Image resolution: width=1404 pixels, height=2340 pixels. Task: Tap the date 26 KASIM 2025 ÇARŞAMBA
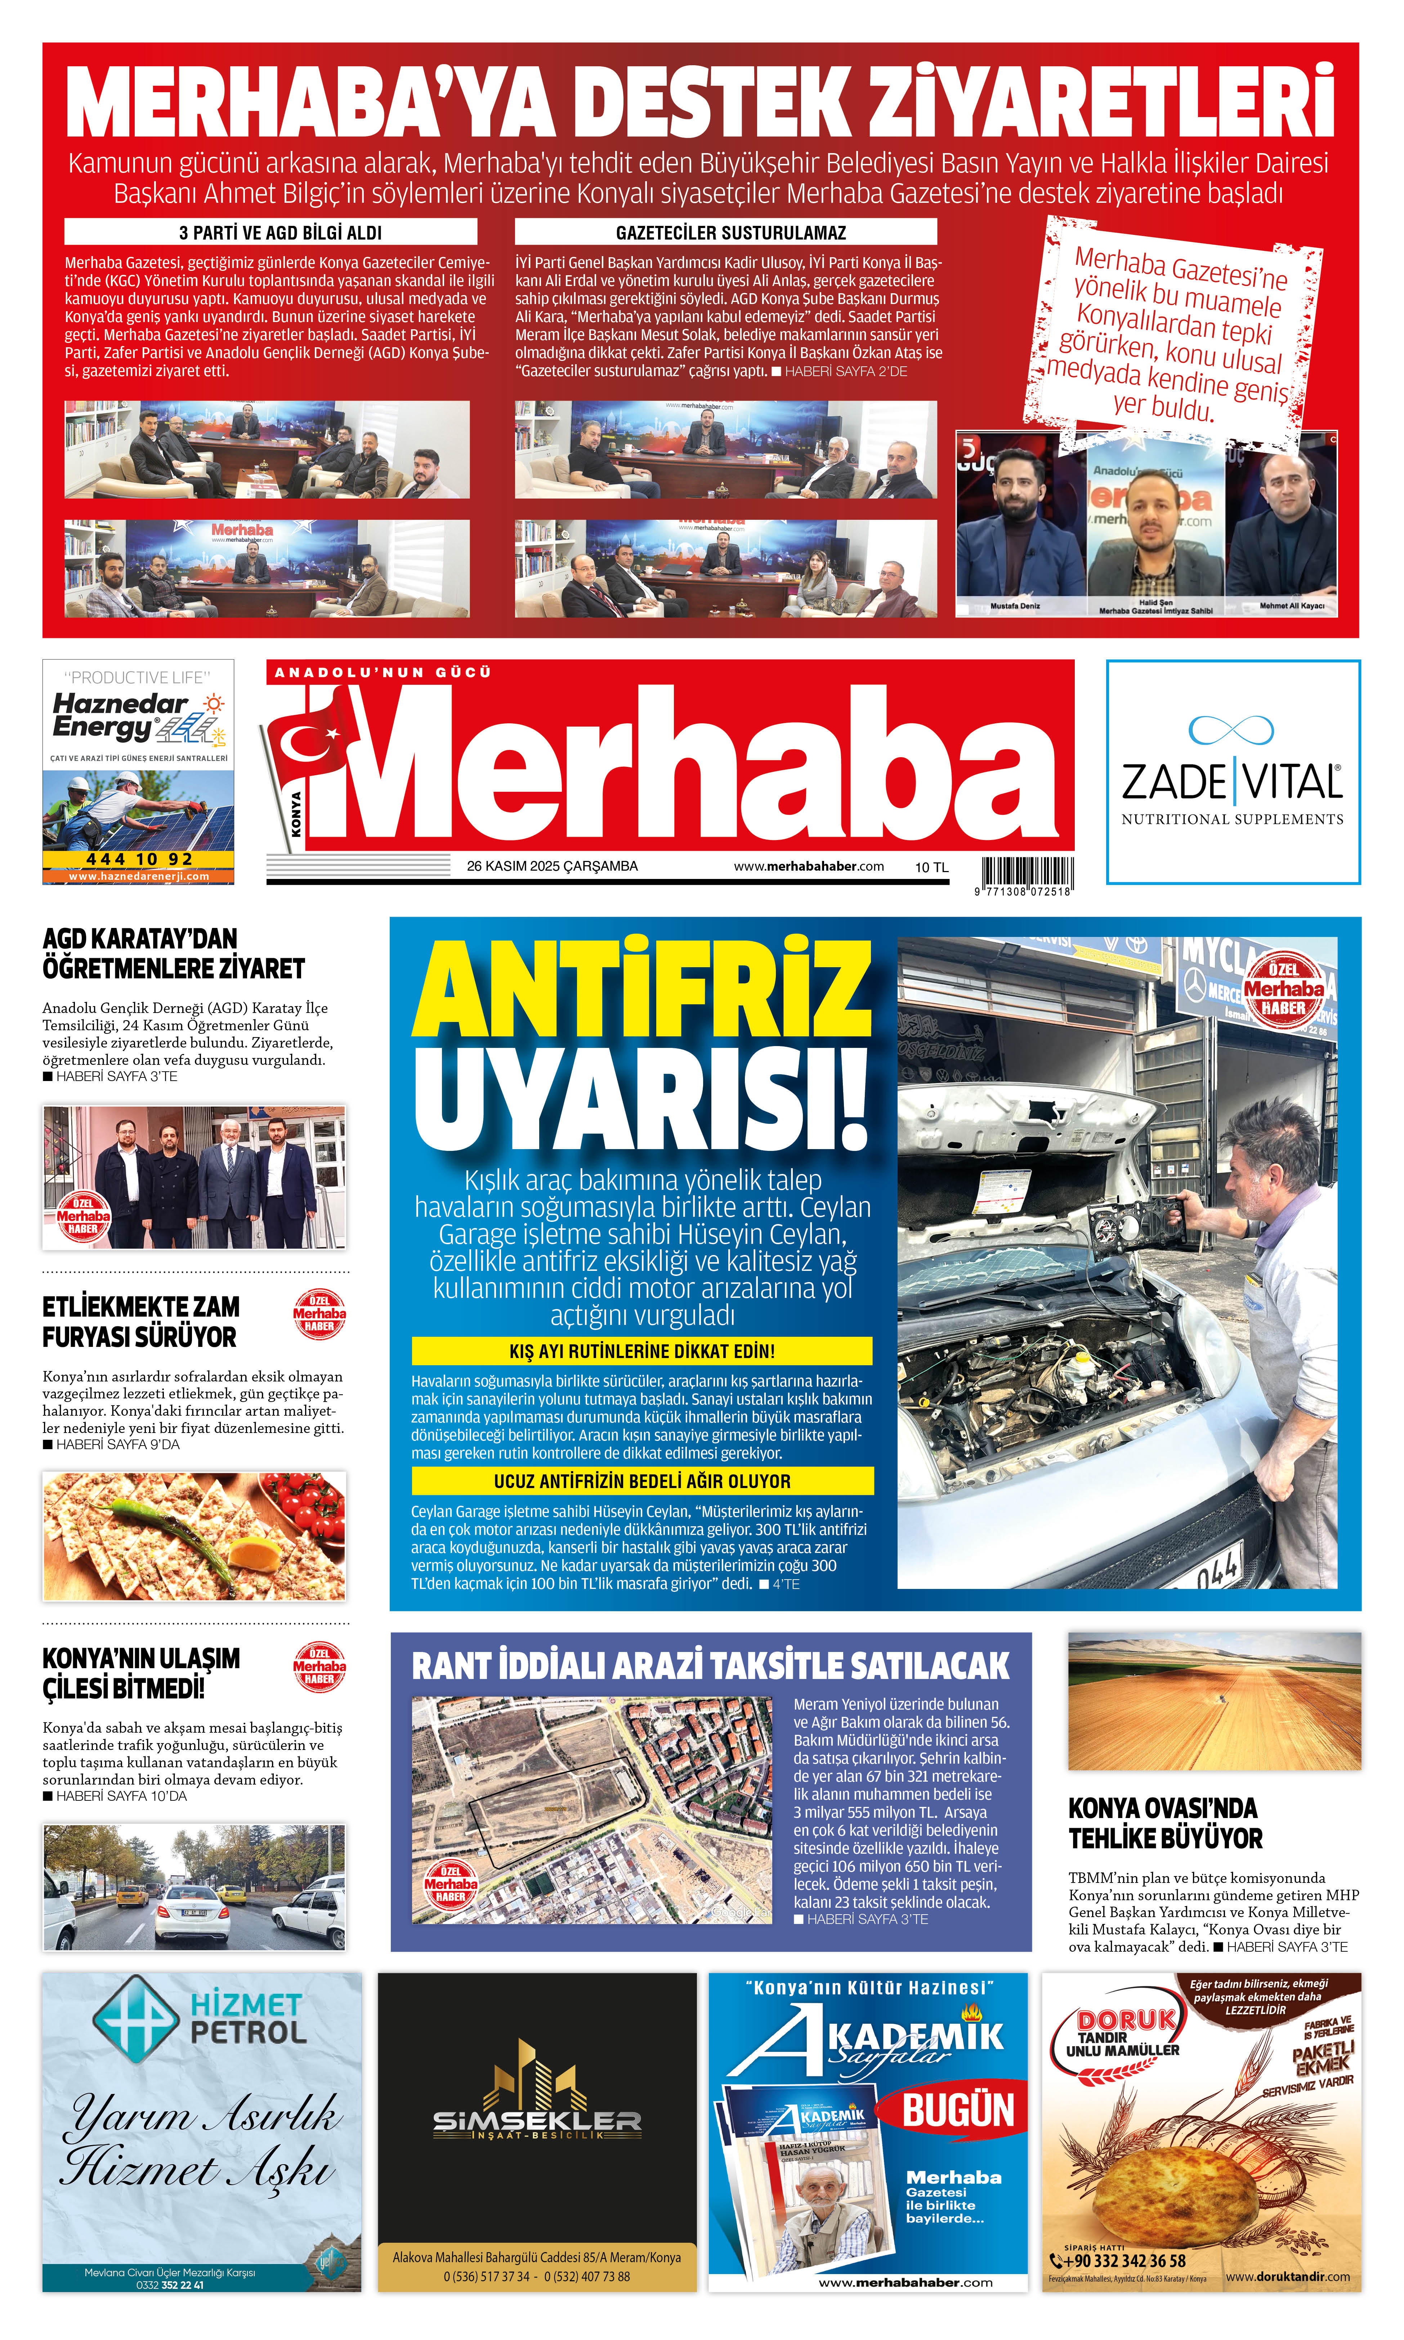[551, 866]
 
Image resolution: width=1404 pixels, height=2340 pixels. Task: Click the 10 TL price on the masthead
[931, 867]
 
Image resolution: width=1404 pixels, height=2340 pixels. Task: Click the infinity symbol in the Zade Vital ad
[1231, 729]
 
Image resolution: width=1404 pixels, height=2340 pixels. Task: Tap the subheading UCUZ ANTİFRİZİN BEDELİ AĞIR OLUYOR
[641, 1481]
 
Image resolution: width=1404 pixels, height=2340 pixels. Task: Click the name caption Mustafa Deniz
[1015, 606]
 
